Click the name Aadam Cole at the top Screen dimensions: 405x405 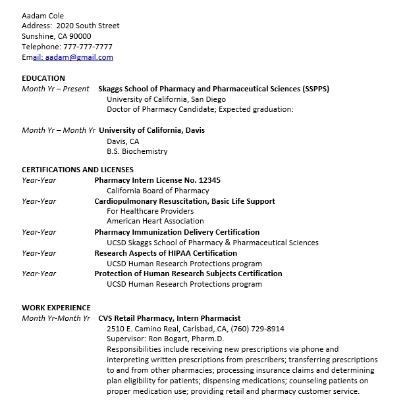(43, 15)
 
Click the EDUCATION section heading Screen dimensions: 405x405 (43, 78)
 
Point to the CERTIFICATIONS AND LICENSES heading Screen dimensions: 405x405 (78, 170)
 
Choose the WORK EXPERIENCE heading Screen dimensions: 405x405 (56, 308)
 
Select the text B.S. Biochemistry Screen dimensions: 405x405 (137, 151)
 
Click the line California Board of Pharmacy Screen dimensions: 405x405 (157, 191)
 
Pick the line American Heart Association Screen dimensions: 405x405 (155, 222)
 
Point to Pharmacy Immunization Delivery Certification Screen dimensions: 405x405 (176, 232)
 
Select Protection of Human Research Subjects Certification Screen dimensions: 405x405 (188, 274)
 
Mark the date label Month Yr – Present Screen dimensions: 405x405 (55, 89)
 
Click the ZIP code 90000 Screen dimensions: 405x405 (79, 36)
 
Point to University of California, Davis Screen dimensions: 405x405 (151, 130)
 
